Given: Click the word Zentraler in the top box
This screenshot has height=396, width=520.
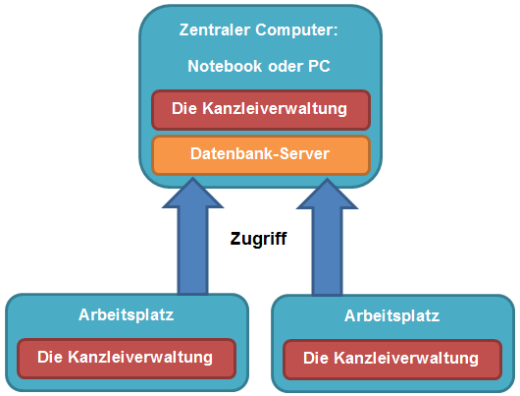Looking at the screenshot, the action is (x=215, y=29).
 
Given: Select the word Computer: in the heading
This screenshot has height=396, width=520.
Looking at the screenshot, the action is (x=296, y=29).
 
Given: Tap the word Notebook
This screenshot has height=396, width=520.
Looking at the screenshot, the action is (x=226, y=66).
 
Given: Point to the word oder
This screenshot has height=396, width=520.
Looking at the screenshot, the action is (x=286, y=66).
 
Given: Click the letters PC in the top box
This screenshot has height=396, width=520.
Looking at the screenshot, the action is (x=320, y=66).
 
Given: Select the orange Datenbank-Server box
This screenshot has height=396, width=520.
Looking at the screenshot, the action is (x=261, y=155).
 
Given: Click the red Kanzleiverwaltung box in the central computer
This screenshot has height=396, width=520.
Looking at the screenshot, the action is (x=261, y=110).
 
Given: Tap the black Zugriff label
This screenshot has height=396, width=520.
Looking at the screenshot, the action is (x=258, y=239).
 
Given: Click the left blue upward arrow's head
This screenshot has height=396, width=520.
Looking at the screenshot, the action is (x=192, y=195).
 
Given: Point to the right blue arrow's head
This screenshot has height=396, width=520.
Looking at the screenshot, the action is (x=327, y=196).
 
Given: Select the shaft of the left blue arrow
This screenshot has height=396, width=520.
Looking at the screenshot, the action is (x=192, y=251).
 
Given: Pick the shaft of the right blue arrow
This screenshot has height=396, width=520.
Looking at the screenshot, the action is (x=327, y=252).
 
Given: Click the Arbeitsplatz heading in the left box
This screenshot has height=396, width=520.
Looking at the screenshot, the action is (x=126, y=314).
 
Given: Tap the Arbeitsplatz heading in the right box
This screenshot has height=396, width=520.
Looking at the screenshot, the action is (x=392, y=315).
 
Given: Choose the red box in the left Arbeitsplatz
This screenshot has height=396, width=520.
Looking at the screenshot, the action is (x=127, y=359).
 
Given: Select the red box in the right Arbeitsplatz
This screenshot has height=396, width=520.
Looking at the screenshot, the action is (x=392, y=360).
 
